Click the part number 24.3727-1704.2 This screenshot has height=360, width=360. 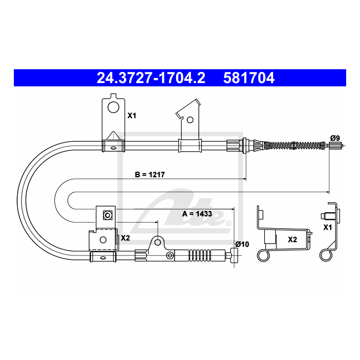[151, 78]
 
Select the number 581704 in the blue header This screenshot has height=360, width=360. [249, 78]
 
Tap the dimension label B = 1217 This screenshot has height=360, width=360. [150, 174]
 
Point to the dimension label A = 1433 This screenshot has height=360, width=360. [197, 214]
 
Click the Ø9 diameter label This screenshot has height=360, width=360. [335, 138]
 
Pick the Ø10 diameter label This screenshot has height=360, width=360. [242, 244]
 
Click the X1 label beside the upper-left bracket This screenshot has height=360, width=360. [132, 116]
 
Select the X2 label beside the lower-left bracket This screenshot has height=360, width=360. [125, 238]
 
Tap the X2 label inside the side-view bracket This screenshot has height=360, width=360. [292, 240]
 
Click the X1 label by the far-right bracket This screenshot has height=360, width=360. [328, 227]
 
